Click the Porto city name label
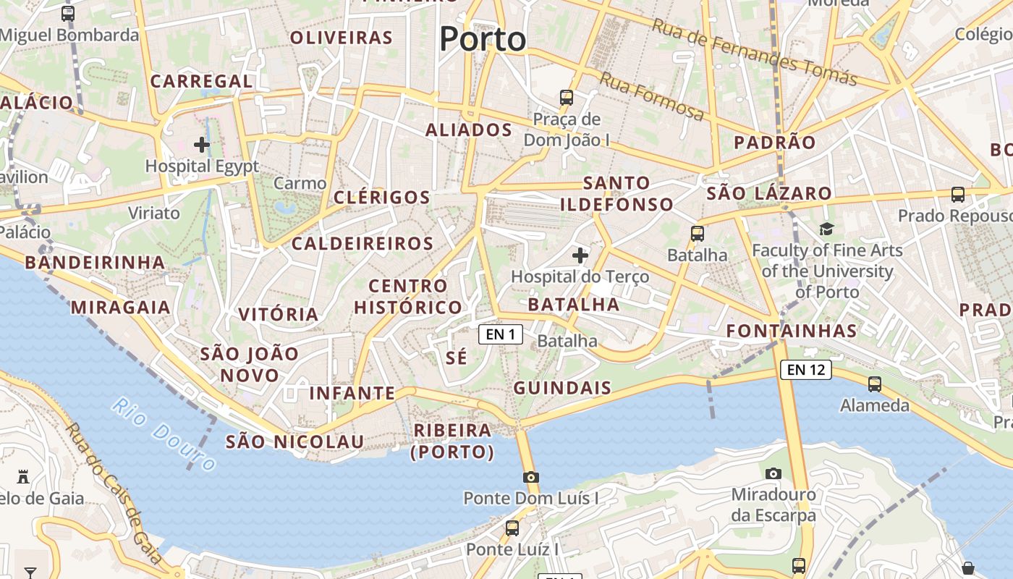tap(483, 38)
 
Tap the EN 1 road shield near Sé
tap(500, 334)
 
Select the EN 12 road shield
tap(806, 370)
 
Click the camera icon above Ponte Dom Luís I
tap(531, 477)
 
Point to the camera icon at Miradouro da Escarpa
tap(773, 473)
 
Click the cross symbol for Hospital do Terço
tap(580, 255)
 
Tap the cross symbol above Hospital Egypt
tap(202, 145)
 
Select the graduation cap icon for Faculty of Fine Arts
tap(826, 229)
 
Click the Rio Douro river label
tap(164, 434)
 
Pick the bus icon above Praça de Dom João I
tap(567, 97)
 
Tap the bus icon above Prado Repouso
tap(958, 194)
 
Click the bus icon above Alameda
tap(874, 384)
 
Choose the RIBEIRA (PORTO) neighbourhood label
tap(453, 441)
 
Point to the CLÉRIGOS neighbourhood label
tap(382, 197)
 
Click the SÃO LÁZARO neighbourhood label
tap(769, 193)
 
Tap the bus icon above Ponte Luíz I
tap(512, 528)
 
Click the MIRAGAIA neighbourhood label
tap(120, 308)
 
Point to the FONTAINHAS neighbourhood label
tap(792, 331)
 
